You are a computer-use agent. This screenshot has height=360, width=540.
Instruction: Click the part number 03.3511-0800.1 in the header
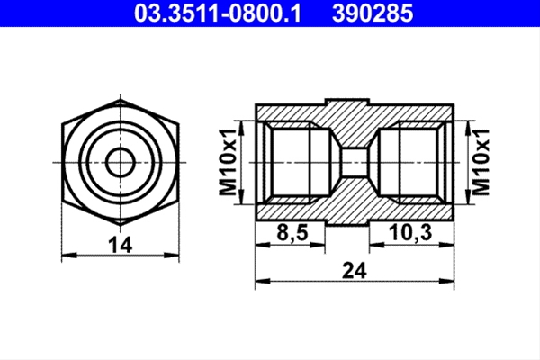[218, 13]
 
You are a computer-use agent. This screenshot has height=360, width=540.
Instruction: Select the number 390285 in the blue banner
[373, 13]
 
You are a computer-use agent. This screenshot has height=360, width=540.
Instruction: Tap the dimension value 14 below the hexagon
[121, 245]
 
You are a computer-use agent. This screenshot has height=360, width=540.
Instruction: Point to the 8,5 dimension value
[292, 233]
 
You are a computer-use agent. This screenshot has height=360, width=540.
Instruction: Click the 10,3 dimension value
[410, 233]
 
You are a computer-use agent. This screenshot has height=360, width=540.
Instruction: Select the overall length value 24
[355, 270]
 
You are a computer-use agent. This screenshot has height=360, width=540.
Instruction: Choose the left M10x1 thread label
[228, 162]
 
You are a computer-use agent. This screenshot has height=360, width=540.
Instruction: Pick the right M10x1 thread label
[481, 162]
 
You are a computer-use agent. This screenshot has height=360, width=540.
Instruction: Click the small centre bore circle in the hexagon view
[121, 162]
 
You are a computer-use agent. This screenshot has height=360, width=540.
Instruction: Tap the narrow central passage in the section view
[355, 162]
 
